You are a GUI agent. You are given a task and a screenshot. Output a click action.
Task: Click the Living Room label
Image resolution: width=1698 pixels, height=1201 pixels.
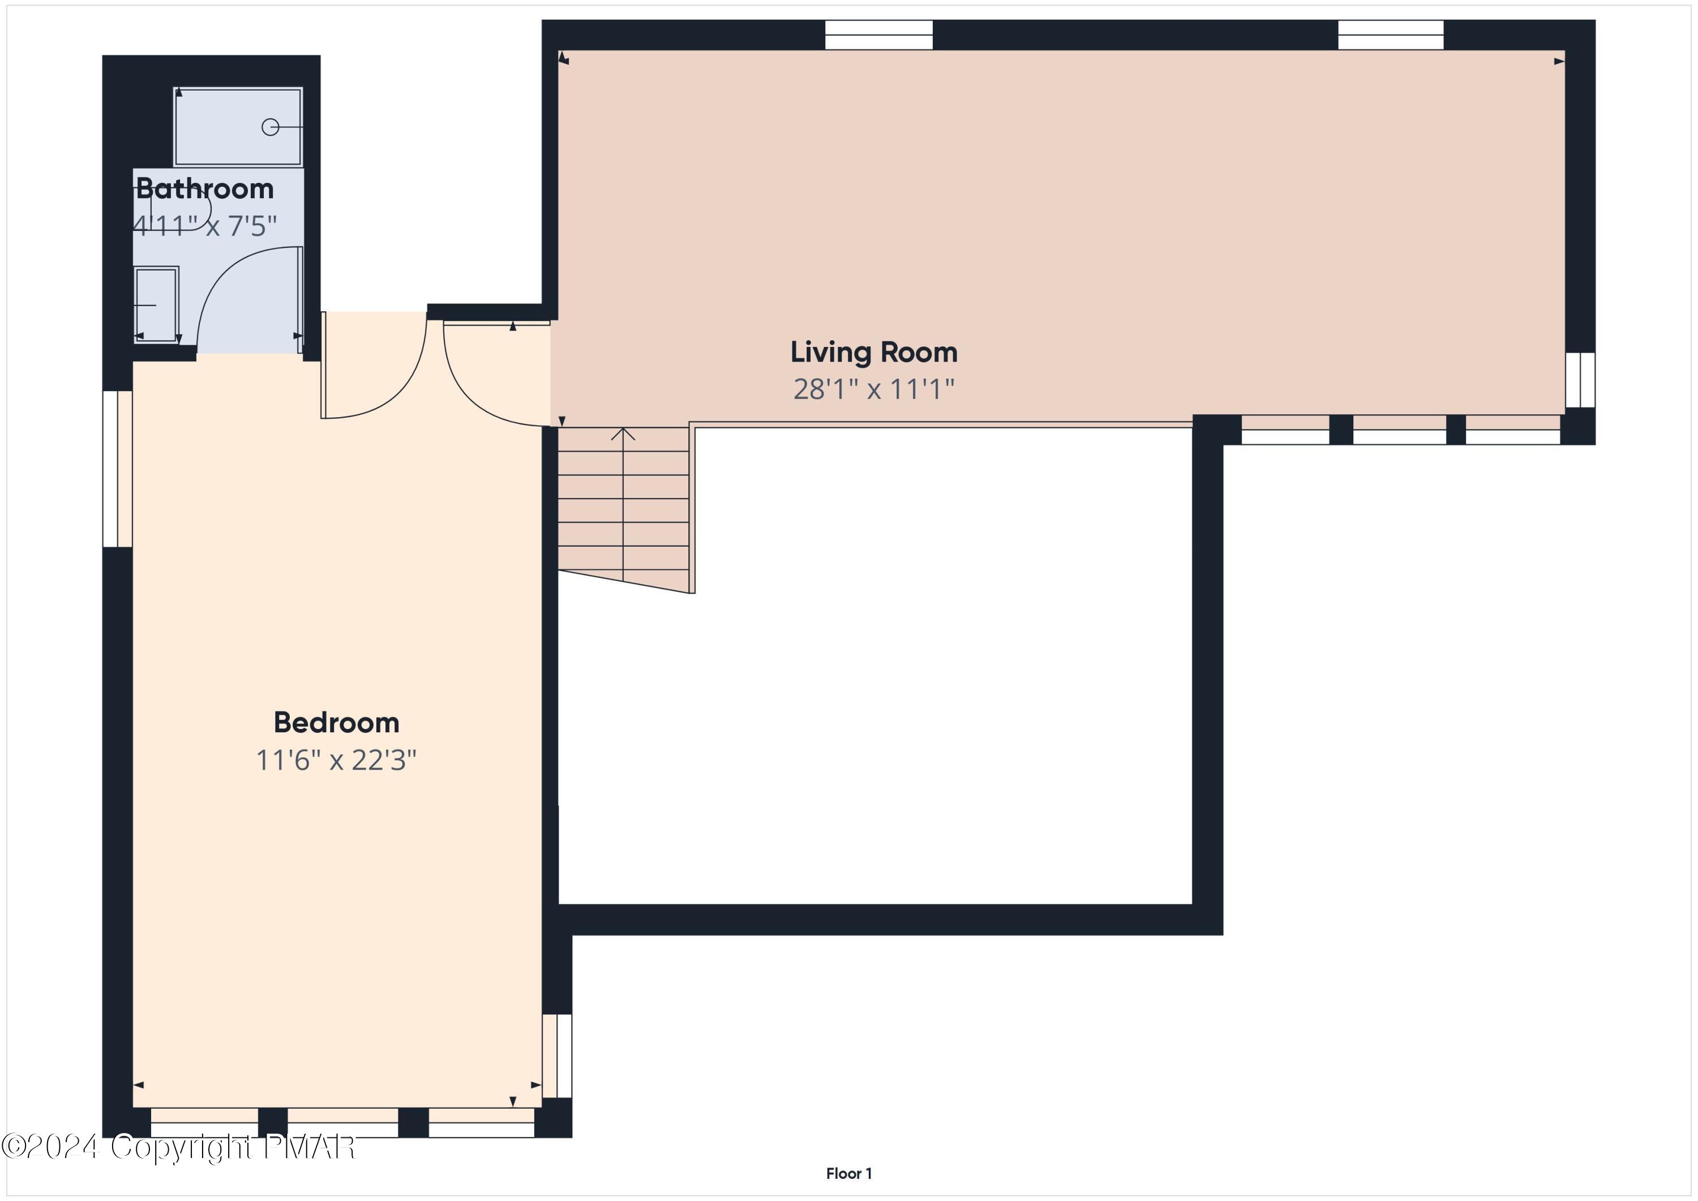[x=873, y=352]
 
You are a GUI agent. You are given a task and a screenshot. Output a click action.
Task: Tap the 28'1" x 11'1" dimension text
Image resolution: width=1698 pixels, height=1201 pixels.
[x=873, y=389]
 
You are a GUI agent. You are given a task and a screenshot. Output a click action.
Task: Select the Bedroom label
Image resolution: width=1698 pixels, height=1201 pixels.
[x=337, y=723]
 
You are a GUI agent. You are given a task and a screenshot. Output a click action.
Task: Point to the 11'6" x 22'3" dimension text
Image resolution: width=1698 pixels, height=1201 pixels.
[x=337, y=760]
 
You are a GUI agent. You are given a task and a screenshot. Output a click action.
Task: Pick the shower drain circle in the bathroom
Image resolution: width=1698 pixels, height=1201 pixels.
[x=270, y=127]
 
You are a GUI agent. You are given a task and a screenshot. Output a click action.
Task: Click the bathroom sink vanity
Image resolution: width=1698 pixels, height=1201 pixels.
[x=156, y=304]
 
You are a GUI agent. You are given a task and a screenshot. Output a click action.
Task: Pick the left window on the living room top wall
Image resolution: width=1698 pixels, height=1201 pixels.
[x=878, y=35]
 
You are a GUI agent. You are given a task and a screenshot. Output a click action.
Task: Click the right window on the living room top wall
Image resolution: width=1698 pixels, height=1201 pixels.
[x=1390, y=35]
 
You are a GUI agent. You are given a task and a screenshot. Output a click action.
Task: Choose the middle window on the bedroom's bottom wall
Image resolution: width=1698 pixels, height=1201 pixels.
[x=342, y=1122]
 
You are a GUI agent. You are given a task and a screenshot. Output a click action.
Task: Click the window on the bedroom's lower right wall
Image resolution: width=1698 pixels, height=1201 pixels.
[x=557, y=1056]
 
